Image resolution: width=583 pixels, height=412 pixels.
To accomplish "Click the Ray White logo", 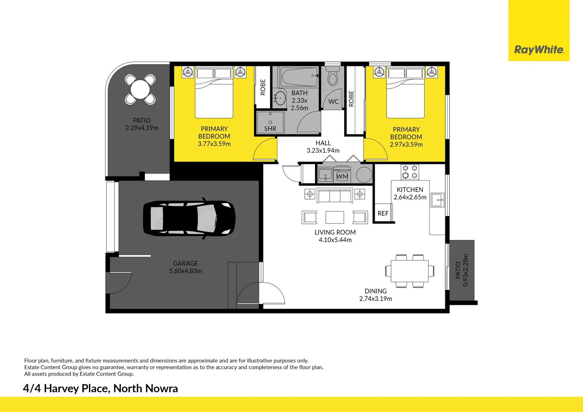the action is tap(539, 50).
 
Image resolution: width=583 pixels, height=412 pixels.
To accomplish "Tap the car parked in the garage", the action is tap(189, 218).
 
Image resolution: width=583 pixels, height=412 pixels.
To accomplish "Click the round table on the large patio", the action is tap(140, 89).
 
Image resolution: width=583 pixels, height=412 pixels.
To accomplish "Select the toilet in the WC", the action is tap(333, 76).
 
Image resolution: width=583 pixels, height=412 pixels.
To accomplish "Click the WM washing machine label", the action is tap(342, 177).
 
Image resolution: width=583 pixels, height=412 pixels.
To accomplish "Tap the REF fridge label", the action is tap(383, 213).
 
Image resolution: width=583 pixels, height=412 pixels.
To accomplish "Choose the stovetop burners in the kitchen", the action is tap(410, 172).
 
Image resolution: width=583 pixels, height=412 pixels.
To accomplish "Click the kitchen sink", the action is tap(437, 200).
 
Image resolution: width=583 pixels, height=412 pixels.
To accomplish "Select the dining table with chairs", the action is tap(410, 271).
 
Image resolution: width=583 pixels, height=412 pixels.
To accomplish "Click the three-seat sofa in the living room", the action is tap(335, 195).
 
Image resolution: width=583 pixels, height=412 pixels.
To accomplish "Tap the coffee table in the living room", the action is tap(335, 217).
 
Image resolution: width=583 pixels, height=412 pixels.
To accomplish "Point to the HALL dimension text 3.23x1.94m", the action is tap(323, 150).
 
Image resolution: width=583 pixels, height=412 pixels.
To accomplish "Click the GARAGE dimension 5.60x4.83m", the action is tap(185, 271).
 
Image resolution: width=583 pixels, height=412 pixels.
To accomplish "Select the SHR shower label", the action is tap(270, 129).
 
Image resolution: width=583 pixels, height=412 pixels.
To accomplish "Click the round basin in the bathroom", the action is tap(280, 98).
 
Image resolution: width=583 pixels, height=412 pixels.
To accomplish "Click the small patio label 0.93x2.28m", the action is tap(465, 270).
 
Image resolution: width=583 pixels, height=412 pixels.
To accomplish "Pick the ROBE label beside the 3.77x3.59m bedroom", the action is tap(263, 87).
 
